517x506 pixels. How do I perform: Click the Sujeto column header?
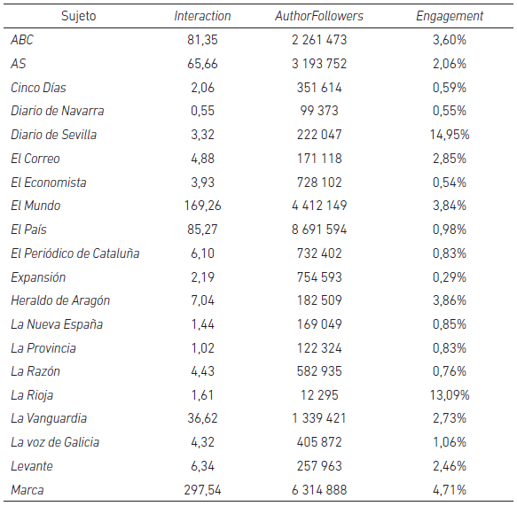click(x=78, y=16)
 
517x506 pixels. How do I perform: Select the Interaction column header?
click(x=202, y=16)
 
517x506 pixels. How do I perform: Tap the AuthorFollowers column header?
click(x=319, y=16)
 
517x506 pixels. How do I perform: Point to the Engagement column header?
click(x=450, y=16)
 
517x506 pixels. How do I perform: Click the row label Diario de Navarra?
click(x=58, y=111)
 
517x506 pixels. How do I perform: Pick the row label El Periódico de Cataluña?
click(x=75, y=253)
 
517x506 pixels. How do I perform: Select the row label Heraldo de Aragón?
click(x=60, y=300)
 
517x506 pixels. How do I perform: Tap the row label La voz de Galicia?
click(x=55, y=442)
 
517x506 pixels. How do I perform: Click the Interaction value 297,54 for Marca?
click(x=202, y=490)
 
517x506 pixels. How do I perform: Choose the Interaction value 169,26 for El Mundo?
click(x=202, y=206)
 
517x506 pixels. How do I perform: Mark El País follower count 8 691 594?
click(x=319, y=230)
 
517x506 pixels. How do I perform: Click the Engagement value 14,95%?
click(x=450, y=135)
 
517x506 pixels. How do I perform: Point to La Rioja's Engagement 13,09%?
click(x=450, y=395)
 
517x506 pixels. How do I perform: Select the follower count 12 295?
click(x=319, y=395)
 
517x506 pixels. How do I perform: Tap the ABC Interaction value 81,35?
click(x=202, y=40)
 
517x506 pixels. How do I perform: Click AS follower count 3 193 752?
click(x=319, y=64)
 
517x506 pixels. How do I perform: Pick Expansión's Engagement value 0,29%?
click(x=450, y=277)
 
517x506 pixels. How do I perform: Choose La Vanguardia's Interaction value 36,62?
click(x=202, y=418)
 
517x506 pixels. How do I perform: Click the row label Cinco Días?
click(x=38, y=88)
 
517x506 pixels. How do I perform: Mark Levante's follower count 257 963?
click(x=319, y=466)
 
